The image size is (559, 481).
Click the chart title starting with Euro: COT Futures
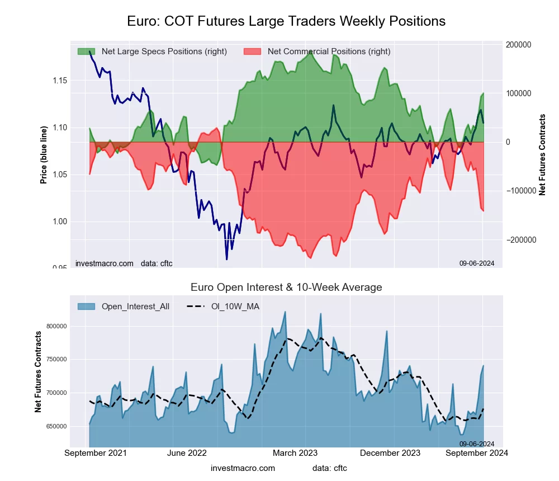click(286, 21)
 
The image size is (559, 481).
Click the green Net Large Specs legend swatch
click(87, 51)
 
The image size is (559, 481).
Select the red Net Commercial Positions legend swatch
click(253, 51)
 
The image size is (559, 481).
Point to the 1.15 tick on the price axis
click(60, 81)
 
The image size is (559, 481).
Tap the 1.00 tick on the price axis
click(60, 221)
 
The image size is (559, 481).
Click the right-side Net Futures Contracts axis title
click(542, 154)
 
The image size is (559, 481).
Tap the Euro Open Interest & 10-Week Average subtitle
click(286, 287)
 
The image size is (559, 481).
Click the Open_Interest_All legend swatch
click(87, 306)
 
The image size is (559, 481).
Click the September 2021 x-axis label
click(96, 453)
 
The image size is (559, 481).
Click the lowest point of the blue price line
click(226, 259)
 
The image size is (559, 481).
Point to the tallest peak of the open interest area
click(285, 312)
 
